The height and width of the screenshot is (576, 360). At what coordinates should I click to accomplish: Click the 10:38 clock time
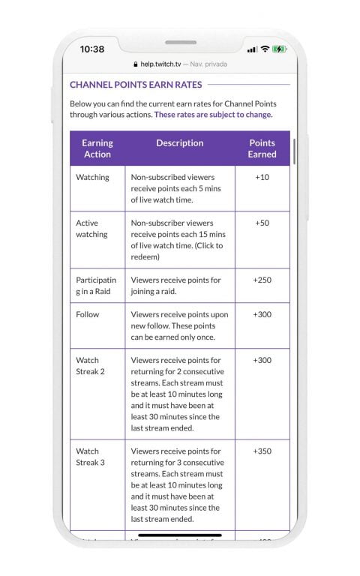tap(92, 49)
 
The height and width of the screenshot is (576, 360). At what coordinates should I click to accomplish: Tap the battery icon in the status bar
tap(280, 49)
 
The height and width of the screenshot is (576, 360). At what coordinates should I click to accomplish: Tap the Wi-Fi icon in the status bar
tap(265, 49)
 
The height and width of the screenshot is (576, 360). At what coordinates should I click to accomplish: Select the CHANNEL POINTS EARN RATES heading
tap(136, 85)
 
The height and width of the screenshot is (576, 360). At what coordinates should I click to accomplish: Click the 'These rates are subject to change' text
tap(213, 115)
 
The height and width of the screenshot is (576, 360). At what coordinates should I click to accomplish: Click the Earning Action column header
tap(97, 148)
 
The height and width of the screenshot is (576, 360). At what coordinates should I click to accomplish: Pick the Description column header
tap(179, 143)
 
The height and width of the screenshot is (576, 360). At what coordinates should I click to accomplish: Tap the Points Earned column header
tap(262, 148)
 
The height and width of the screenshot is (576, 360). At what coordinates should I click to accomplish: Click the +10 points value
tap(262, 178)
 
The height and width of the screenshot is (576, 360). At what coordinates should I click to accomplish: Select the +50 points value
tap(262, 223)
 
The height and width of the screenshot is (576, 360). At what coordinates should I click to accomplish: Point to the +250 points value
tap(262, 280)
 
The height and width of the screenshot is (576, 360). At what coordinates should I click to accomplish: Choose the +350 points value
tap(262, 451)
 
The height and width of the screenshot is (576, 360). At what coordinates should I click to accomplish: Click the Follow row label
tap(87, 315)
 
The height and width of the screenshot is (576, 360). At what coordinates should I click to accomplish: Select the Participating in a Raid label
tap(96, 286)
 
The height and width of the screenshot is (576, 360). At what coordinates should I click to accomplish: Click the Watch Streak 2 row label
tap(90, 366)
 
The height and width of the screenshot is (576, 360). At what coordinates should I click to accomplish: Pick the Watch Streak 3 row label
tap(90, 457)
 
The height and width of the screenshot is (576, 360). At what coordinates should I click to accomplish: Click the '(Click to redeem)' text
tap(177, 251)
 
